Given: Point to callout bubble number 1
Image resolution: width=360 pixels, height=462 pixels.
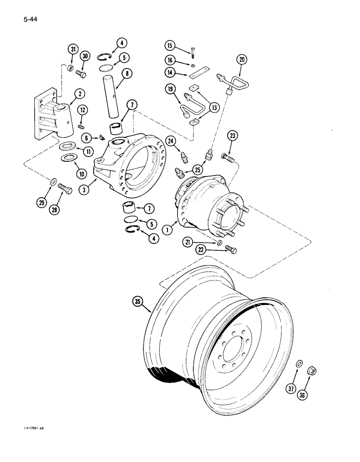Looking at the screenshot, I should coord(169,227).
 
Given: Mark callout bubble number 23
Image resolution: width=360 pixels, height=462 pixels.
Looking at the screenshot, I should coord(232,136).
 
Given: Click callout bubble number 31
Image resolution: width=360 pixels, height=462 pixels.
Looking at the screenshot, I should coord(72,49).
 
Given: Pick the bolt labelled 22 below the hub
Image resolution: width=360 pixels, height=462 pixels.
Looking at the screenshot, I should coord(231,249).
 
